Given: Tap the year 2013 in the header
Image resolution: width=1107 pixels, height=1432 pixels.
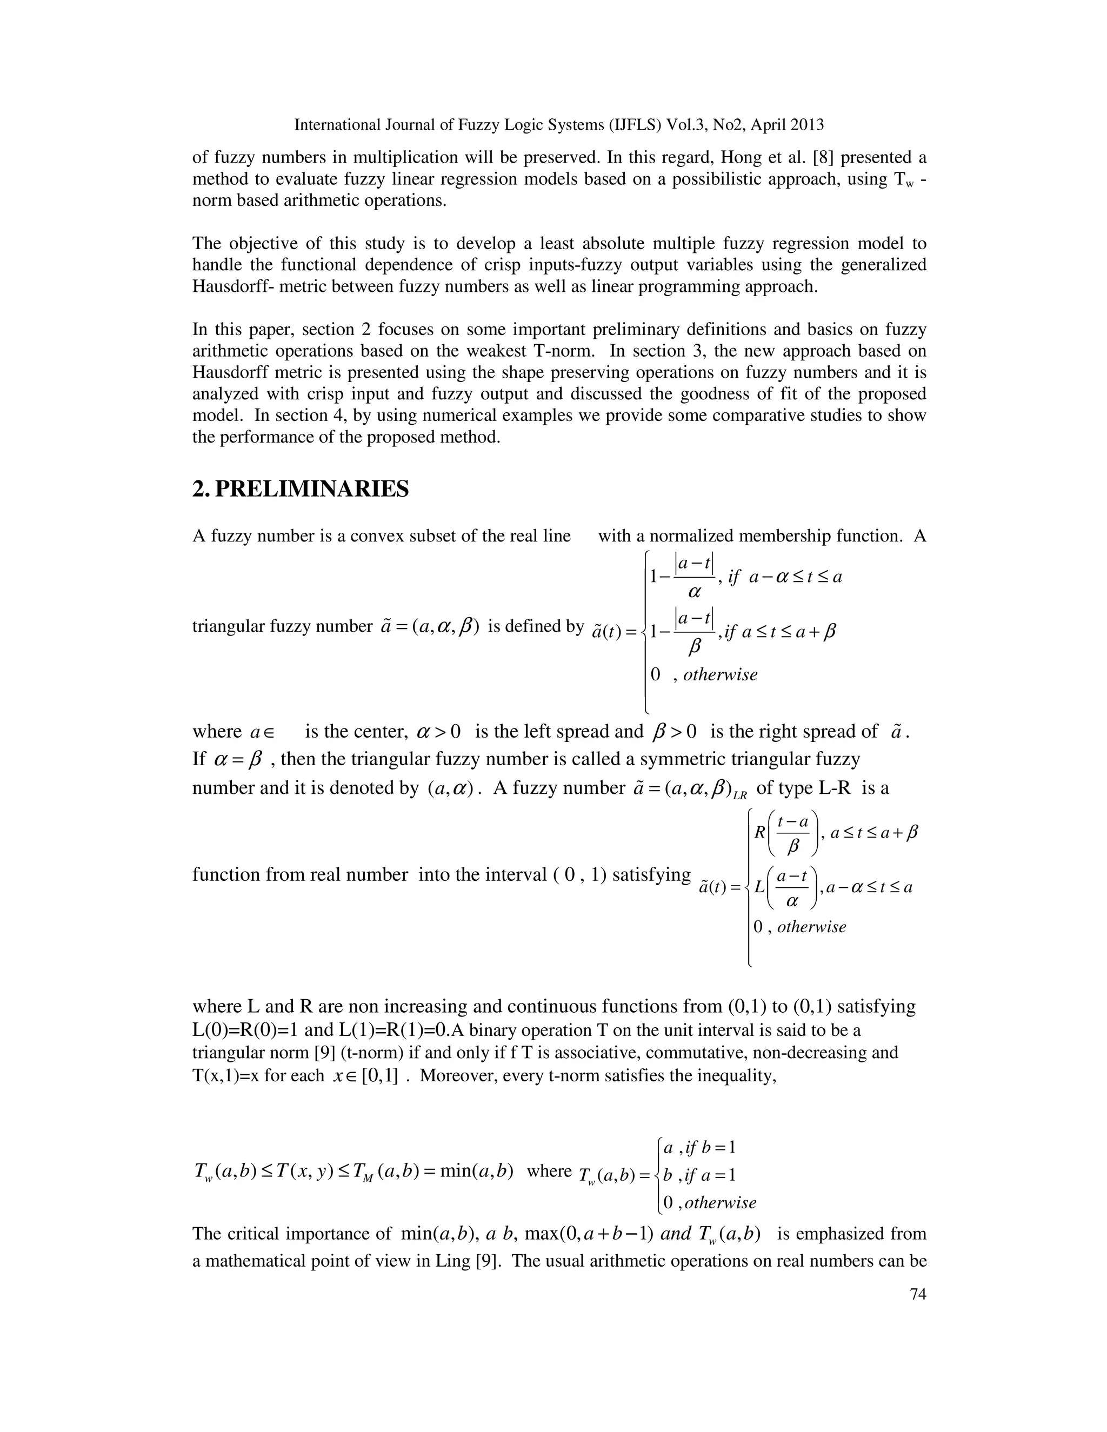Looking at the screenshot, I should (806, 125).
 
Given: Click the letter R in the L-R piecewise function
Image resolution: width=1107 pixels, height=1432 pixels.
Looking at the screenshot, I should (760, 833).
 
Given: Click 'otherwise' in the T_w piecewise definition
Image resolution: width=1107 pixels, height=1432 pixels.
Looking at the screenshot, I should (720, 1202).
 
